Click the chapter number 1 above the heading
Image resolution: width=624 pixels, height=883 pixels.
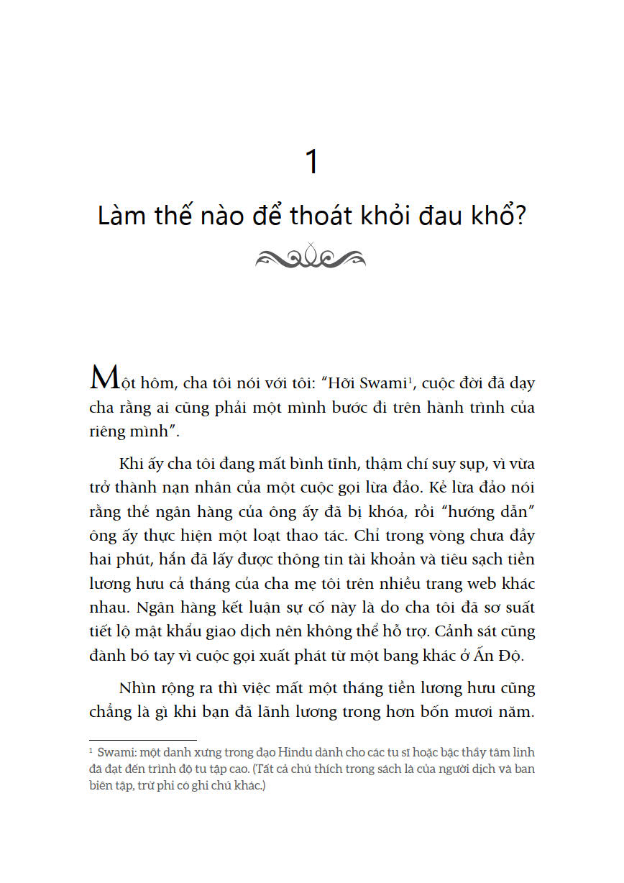click(x=312, y=162)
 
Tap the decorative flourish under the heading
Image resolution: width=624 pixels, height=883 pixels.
click(x=311, y=255)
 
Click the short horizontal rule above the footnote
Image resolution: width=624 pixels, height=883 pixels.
click(x=142, y=739)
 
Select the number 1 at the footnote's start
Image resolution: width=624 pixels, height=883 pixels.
click(x=91, y=751)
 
